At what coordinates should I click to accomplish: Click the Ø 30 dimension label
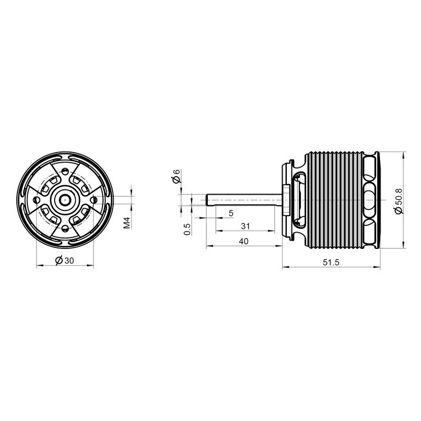[65, 260]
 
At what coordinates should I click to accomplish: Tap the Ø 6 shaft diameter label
[177, 177]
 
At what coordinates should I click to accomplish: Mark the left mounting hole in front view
[36, 200]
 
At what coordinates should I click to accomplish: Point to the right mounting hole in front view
[93, 199]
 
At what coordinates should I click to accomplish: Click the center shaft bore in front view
[65, 199]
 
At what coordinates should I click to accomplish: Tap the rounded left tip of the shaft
[207, 199]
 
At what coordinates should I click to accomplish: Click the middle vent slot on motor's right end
[371, 199]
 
